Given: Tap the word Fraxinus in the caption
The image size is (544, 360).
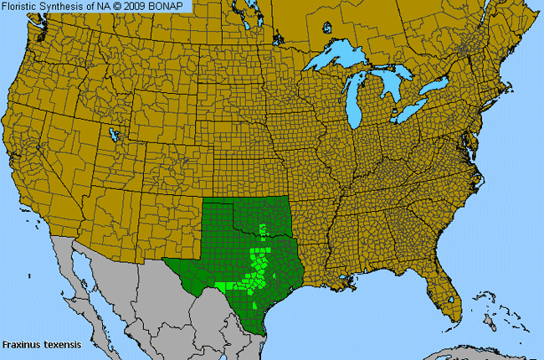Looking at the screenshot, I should tap(18, 344).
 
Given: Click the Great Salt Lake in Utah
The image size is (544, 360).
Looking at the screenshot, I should tap(112, 134).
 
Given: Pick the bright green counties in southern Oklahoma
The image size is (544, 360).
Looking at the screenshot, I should tap(264, 229).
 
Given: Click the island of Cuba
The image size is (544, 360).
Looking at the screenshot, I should tap(469, 343).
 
